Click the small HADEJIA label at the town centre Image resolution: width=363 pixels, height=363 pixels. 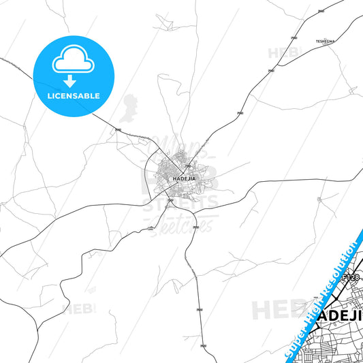184,178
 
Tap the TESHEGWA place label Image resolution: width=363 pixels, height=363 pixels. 325,42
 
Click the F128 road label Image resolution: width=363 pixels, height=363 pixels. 350,278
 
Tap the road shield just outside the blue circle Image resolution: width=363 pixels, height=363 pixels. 117,127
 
